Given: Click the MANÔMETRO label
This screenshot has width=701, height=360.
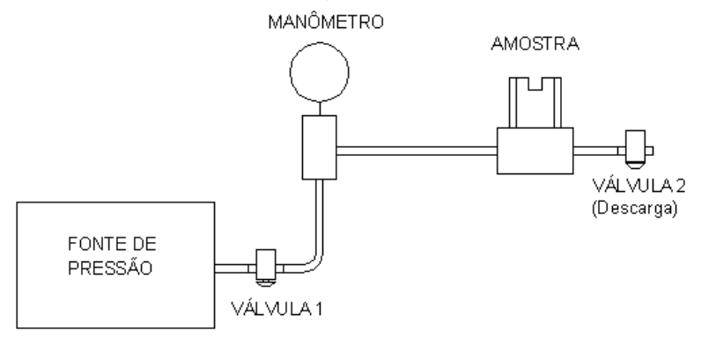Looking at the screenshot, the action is point(326,21).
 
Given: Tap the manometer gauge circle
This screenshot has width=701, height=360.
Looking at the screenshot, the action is point(320,43).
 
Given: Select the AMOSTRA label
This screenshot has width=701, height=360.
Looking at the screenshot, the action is point(535,44).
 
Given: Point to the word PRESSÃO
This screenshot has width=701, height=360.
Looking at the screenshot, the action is point(110,268).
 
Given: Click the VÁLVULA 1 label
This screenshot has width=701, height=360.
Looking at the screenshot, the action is point(277,309).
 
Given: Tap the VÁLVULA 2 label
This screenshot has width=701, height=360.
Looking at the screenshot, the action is point(638,186).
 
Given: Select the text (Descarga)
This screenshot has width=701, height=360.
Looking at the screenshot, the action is point(635,209).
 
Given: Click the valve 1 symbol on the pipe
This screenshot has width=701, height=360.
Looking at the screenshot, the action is point(266,267).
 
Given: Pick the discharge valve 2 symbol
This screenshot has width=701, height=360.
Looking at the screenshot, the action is point(635,149).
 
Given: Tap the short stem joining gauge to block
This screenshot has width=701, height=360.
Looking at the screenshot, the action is point(320,108).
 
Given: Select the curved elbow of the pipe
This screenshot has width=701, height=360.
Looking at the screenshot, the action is point(316,264).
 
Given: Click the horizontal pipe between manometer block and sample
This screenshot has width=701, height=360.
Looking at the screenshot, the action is point(417,151).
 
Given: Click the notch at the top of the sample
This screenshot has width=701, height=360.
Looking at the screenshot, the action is point(535,84).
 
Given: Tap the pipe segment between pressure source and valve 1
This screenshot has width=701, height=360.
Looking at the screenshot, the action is point(232,268).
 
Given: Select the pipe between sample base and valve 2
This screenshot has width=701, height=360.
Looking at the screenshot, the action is point(595,151).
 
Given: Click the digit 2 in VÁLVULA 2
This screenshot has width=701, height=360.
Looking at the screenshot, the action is point(681,186).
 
